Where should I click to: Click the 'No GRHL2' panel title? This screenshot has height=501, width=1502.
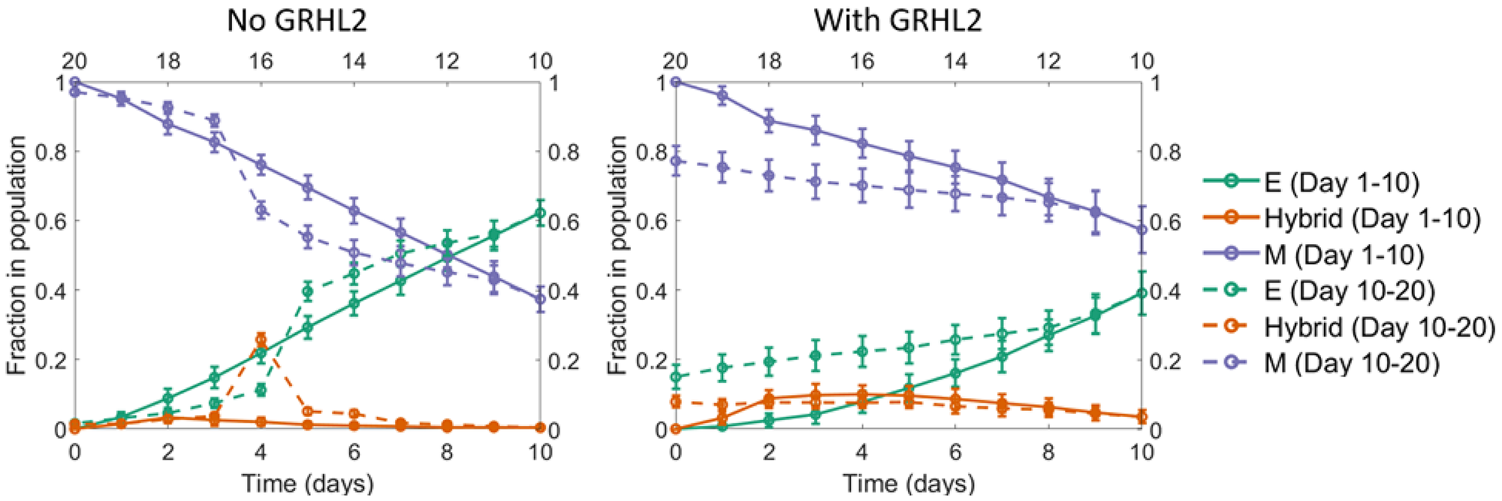point(297,20)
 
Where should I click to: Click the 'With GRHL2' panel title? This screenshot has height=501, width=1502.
point(897,20)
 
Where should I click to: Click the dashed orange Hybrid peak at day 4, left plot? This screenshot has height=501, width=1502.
point(261,339)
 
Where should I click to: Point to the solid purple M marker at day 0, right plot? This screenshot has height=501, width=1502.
point(676,81)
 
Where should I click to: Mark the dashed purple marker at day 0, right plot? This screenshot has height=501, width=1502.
point(676,161)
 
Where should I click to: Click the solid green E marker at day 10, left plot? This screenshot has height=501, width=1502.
point(540,213)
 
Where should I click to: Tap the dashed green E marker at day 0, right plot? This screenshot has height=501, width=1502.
point(676,377)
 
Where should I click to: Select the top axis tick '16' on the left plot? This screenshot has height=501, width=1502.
point(261,61)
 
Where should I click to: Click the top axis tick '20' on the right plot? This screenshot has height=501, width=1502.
point(676,61)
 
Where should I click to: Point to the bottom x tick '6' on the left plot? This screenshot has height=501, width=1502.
point(354,452)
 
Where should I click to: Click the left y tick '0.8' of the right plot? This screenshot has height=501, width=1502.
point(650,152)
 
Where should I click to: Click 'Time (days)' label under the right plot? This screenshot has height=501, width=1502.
point(909,483)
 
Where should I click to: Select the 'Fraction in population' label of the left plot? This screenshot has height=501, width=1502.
point(17,255)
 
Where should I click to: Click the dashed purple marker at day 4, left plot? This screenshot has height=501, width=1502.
point(261,210)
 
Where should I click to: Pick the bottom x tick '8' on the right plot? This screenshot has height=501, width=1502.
point(1048,452)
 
